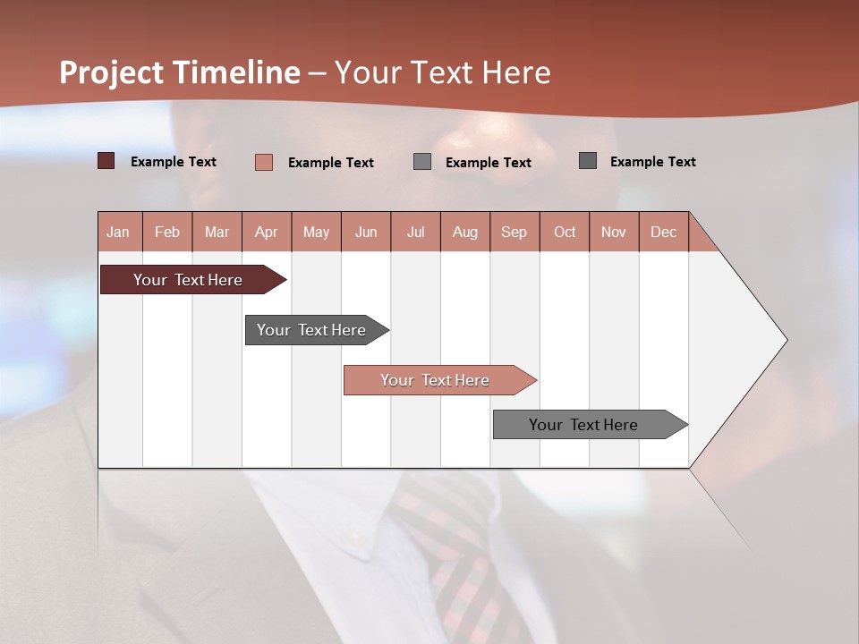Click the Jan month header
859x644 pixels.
pos(118,232)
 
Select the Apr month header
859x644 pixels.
pos(266,232)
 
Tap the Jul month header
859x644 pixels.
pos(415,232)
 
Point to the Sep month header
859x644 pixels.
pos(514,232)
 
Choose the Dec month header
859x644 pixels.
pos(663,232)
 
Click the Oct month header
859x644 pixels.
pos(565,232)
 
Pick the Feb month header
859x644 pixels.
pos(167,232)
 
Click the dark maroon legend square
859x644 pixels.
pos(106,161)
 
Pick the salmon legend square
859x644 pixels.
pos(264,162)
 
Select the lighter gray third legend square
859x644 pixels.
pos(422,162)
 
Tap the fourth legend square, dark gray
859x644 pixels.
pos(588,161)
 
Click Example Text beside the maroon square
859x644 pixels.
pos(174,162)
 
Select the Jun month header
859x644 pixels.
pos(366,232)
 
